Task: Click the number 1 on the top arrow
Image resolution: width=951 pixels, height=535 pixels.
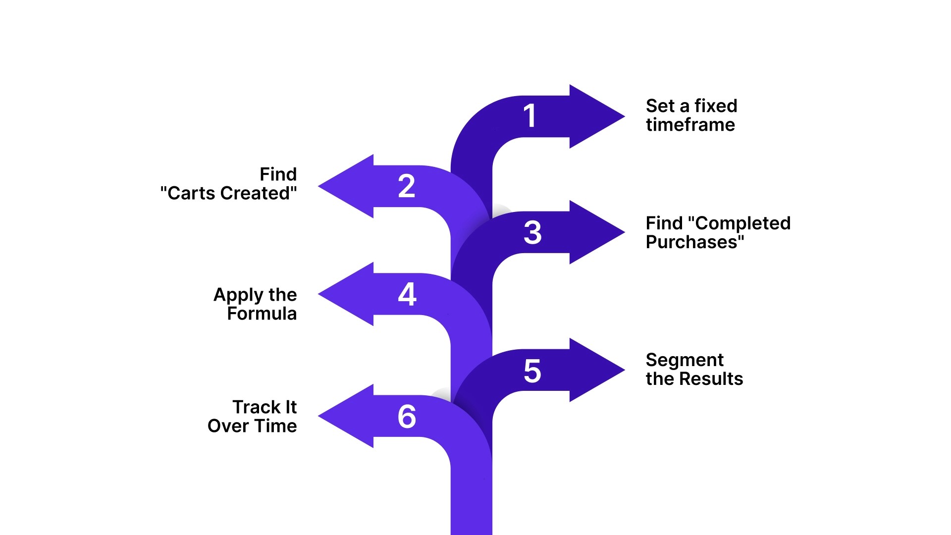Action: (530, 116)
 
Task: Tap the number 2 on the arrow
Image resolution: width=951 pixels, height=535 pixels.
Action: (407, 186)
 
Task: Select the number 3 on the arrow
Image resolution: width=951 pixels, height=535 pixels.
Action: (532, 232)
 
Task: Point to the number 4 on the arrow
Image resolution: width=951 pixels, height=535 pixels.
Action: (407, 294)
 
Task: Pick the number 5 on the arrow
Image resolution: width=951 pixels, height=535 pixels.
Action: (532, 371)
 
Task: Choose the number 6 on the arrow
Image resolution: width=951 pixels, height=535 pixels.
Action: (407, 416)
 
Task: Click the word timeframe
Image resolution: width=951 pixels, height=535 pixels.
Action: (690, 125)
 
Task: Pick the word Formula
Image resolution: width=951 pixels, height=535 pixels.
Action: (262, 314)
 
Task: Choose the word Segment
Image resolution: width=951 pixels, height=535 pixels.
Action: (685, 360)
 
